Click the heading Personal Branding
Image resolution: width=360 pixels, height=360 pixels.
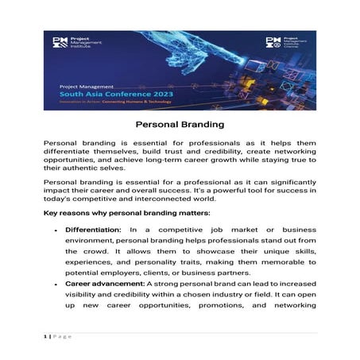point(180,125)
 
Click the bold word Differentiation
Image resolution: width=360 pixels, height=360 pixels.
point(91,229)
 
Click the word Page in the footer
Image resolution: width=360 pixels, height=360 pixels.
point(64,337)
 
